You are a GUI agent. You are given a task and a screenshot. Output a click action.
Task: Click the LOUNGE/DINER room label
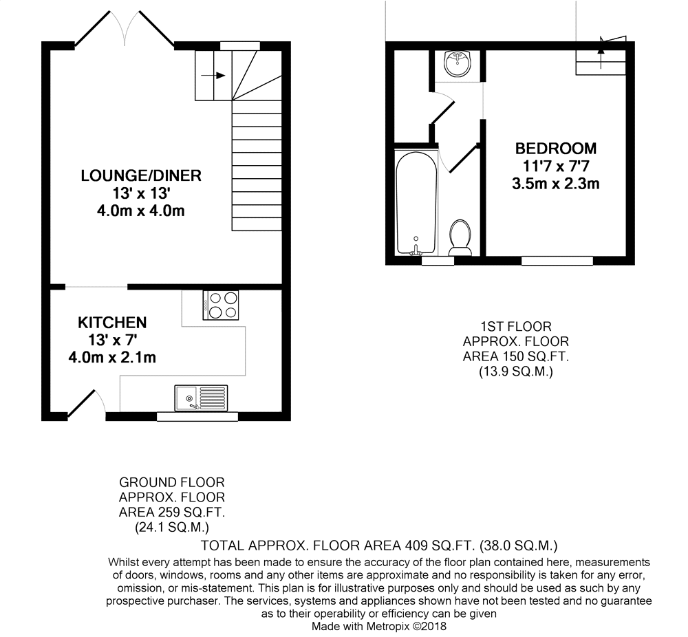pyautogui.click(x=141, y=175)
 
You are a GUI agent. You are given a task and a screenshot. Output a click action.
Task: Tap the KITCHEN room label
pyautogui.click(x=112, y=323)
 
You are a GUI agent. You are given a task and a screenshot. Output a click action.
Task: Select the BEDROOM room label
pyautogui.click(x=556, y=149)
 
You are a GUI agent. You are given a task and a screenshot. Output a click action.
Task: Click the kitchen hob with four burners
pyautogui.click(x=221, y=305)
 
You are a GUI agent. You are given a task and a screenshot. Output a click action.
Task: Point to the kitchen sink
pyautogui.click(x=200, y=398)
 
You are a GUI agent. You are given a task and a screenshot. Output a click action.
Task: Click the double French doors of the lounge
pyautogui.click(x=124, y=31)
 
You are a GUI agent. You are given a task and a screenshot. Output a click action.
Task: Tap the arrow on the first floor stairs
pyautogui.click(x=601, y=48)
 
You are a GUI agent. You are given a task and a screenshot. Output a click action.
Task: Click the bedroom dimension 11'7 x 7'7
pyautogui.click(x=556, y=166)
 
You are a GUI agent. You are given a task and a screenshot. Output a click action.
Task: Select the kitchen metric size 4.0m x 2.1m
pyautogui.click(x=112, y=357)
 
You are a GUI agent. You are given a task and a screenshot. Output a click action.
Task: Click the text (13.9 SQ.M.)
pyautogui.click(x=515, y=371)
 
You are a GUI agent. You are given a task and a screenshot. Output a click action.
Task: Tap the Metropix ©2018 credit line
pyautogui.click(x=379, y=627)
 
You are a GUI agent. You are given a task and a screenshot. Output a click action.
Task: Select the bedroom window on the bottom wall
pyautogui.click(x=557, y=261)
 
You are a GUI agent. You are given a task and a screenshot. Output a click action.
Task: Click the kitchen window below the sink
pyautogui.click(x=197, y=416)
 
